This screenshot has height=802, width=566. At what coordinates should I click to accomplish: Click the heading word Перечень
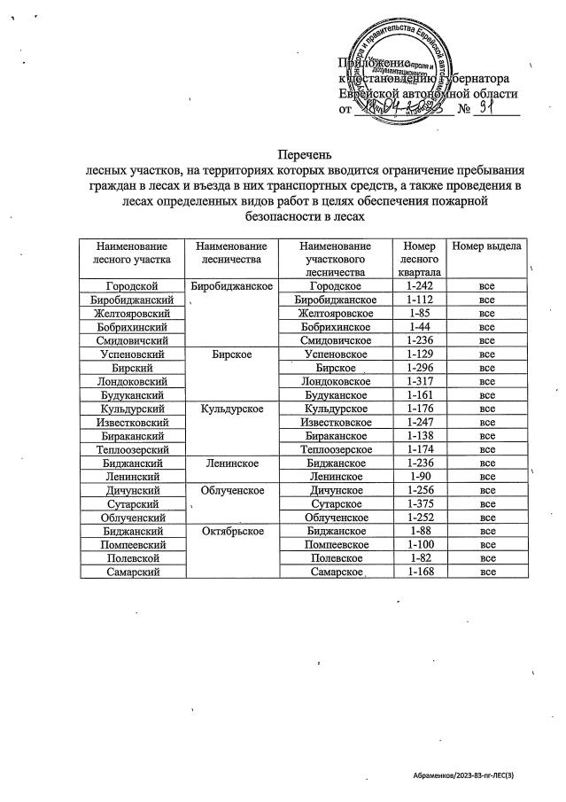click(283, 154)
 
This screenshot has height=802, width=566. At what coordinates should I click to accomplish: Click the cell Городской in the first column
click(131, 286)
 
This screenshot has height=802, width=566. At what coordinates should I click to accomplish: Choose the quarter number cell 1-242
click(418, 286)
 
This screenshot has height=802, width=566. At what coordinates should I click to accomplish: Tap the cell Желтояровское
click(337, 313)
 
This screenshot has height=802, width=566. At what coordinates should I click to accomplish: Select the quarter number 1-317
click(418, 381)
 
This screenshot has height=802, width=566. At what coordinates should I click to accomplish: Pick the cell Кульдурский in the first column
click(131, 409)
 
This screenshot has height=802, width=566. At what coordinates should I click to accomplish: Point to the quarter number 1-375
click(418, 503)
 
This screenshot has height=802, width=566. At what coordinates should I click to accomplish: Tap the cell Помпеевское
click(337, 544)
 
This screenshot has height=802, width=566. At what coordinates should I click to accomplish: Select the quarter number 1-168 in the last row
click(418, 572)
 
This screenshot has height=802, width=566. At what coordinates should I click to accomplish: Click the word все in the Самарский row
click(486, 572)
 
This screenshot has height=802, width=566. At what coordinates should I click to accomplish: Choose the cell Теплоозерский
click(131, 449)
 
